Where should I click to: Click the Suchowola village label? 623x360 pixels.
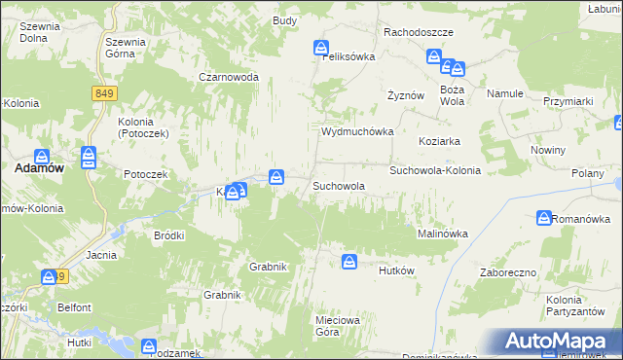[338, 185]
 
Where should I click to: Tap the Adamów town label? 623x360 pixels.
[39, 168]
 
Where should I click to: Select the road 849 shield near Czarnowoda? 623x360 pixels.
[106, 93]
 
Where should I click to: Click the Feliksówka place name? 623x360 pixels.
[348, 56]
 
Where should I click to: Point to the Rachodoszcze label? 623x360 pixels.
[419, 32]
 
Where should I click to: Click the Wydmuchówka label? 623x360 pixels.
[357, 131]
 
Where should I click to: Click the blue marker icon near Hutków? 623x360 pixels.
[349, 261]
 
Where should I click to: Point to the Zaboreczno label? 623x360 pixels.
[508, 272]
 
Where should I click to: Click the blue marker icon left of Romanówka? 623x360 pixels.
[543, 218]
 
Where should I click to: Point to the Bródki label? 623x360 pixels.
[169, 235]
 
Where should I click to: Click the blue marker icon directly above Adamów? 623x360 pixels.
[42, 156]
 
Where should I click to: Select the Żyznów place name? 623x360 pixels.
[406, 95]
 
